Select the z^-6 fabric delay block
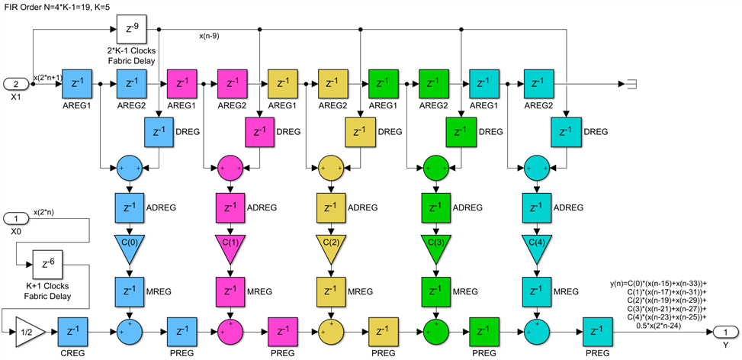tap(47, 265)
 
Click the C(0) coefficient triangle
tap(130, 246)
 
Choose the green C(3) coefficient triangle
tap(433, 246)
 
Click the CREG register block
tap(72, 332)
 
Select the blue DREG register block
tap(159, 132)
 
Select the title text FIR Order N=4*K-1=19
tap(60, 6)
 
